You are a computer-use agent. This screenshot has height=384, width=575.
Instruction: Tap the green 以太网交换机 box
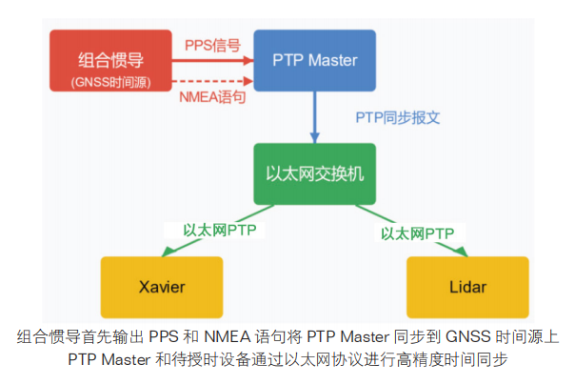pos(315,174)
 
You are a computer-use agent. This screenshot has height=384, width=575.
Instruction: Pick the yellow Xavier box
pos(161,287)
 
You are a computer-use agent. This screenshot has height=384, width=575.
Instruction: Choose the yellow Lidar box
pos(467,287)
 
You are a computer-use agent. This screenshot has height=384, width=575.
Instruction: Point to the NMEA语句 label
pos(212,95)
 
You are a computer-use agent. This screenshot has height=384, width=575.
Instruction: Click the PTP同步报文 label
pos(398,118)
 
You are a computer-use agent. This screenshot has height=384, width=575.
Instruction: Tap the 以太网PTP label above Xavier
pos(220,230)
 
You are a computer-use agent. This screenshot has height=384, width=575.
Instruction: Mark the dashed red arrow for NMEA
pos(214,80)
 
